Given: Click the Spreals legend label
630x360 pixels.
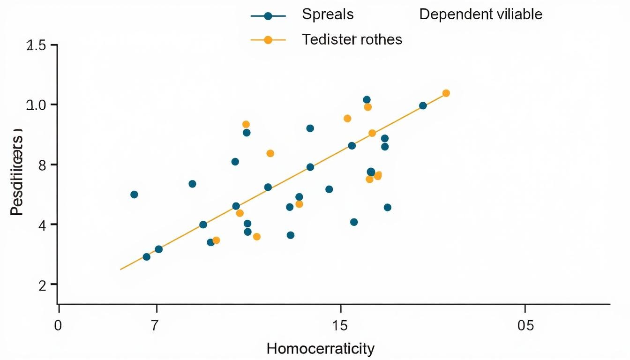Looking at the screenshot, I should [327, 15].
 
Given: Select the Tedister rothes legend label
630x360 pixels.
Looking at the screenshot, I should [352, 39].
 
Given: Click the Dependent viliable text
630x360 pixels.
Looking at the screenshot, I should [480, 15].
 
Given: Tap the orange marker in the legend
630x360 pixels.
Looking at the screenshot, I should [268, 40].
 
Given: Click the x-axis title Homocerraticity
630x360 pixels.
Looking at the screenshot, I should [320, 349].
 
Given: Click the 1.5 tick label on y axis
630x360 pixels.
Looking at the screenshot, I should [37, 46].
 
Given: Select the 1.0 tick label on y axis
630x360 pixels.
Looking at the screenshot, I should [37, 105].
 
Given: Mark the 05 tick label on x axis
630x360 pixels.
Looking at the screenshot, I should [525, 325].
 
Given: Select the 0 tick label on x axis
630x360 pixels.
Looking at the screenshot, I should [58, 325].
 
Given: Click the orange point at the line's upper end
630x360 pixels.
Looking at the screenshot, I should [446, 93].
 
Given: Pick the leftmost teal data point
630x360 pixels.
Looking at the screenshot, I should [134, 195].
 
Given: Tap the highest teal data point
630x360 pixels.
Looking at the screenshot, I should [367, 100].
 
